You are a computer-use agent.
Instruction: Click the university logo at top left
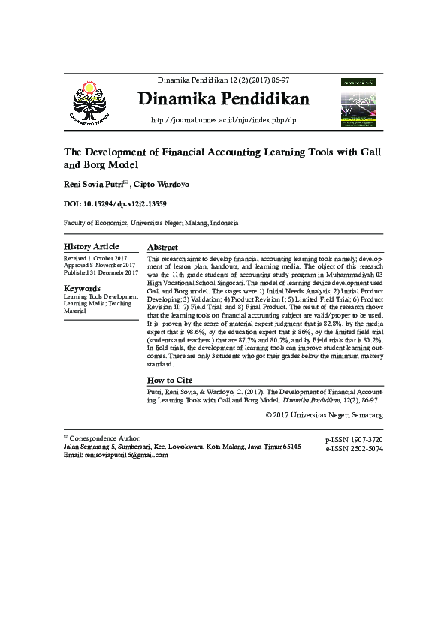click(x=94, y=102)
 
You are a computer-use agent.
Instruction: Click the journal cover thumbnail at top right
click(x=358, y=101)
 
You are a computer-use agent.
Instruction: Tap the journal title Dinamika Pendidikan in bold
click(x=223, y=100)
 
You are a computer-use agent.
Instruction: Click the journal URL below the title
click(x=224, y=120)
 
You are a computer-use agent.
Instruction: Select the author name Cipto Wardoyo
click(x=165, y=184)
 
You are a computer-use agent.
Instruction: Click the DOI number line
click(x=115, y=204)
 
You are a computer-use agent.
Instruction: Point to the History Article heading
click(x=91, y=247)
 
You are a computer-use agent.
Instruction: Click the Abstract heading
click(x=162, y=248)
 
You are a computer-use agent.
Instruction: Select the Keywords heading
click(x=82, y=289)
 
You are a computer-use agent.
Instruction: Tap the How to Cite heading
click(x=170, y=381)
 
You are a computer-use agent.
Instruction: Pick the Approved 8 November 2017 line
click(x=100, y=266)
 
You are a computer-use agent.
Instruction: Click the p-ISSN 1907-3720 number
click(x=354, y=439)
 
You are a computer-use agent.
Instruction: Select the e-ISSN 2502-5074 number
click(x=354, y=448)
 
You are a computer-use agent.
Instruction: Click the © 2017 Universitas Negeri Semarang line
click(x=325, y=414)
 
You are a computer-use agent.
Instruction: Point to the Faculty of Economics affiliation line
click(x=151, y=223)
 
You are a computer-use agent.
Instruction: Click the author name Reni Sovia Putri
click(x=94, y=184)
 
